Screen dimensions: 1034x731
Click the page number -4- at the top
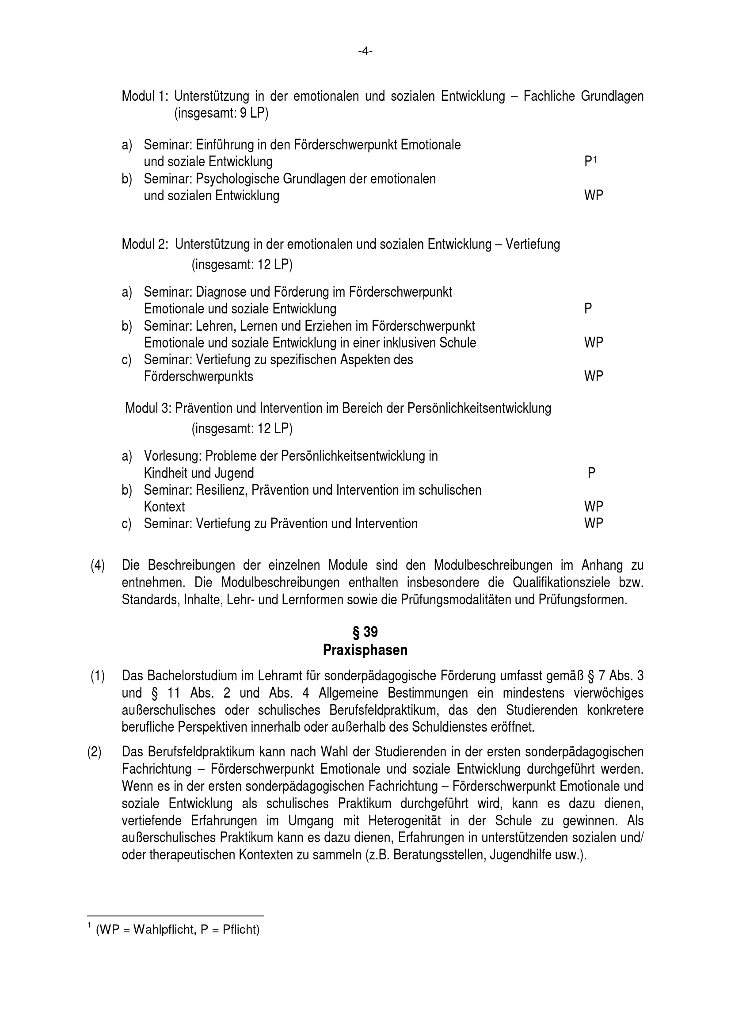[x=365, y=51]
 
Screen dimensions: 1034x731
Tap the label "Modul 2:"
[x=145, y=244]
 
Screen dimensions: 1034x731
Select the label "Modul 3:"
[x=147, y=408]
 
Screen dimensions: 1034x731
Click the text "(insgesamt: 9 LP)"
[x=221, y=113]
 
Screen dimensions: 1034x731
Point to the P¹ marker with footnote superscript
[x=590, y=161]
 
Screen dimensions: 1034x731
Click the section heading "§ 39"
[x=365, y=632]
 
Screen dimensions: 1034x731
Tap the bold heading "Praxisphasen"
[x=365, y=650]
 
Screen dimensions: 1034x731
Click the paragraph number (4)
[x=98, y=566]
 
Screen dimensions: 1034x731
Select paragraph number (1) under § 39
[x=98, y=676]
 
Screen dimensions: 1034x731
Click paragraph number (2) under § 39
[x=95, y=752]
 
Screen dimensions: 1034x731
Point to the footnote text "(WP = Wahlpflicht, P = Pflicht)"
[x=178, y=930]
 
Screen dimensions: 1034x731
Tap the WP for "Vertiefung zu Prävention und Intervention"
[x=593, y=523]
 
